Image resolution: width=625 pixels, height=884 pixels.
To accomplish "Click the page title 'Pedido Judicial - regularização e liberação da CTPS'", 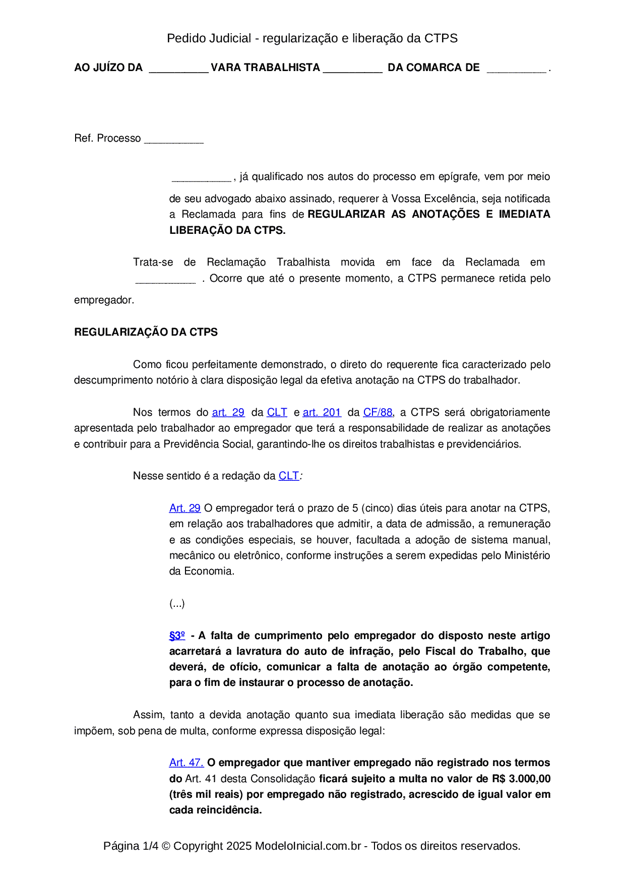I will point(312,38).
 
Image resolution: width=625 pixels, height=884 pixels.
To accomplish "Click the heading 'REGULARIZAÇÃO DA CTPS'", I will point(146,332).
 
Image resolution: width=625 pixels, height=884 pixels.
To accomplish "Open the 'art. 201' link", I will point(322,412).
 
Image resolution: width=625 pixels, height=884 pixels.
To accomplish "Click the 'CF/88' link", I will point(378,412).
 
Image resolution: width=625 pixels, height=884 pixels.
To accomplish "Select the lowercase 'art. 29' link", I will point(228,412).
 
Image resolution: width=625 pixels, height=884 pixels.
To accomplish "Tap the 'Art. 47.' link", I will point(186,763).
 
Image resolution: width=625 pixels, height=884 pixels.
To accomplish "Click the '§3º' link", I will point(177,636).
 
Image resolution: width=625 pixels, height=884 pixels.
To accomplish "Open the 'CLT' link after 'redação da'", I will point(288,476).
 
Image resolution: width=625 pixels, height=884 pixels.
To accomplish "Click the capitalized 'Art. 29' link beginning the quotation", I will point(184,508).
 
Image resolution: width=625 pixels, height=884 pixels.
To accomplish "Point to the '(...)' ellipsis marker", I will point(177,603).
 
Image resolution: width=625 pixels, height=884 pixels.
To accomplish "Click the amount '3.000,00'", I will point(529,779).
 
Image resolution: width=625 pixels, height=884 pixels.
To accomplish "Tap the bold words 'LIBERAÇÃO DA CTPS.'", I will point(227,230).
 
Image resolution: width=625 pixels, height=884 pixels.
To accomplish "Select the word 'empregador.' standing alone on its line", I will point(104,300).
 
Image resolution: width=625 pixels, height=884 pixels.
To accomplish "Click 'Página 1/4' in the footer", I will point(131,846).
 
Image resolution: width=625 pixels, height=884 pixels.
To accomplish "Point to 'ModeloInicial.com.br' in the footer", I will point(307,846).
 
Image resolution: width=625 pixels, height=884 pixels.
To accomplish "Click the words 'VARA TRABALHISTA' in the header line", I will point(265,68).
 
